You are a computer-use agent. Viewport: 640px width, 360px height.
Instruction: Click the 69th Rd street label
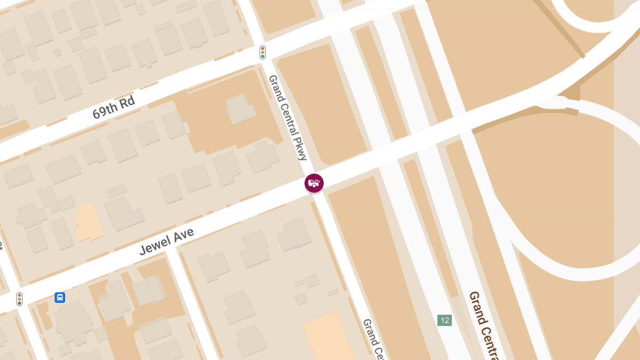click(114, 107)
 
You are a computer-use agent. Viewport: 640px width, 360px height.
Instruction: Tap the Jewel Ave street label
click(166, 242)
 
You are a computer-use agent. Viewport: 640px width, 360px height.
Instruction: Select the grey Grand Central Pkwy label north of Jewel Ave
click(288, 117)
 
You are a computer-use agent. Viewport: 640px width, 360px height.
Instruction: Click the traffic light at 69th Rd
click(262, 52)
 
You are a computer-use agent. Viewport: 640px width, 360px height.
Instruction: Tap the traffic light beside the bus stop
click(20, 299)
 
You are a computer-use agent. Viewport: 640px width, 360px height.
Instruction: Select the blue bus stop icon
click(60, 297)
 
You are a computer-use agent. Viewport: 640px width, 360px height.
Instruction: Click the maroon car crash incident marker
click(314, 183)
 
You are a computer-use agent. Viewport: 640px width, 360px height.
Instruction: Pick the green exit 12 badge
click(444, 320)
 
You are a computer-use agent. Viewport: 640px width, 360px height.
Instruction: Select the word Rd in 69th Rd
click(127, 101)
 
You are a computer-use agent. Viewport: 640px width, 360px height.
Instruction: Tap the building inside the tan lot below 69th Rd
click(241, 109)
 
